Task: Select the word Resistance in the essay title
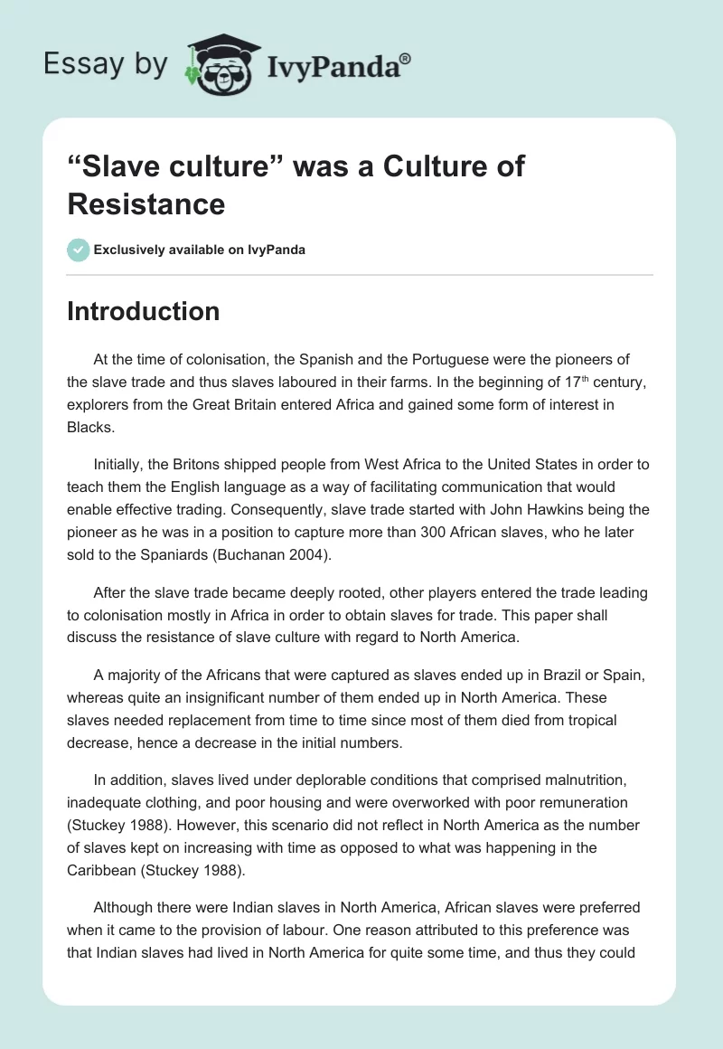click(x=146, y=203)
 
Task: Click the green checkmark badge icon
click(x=79, y=250)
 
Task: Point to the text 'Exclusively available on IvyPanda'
click(x=199, y=250)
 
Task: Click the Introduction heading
click(x=144, y=311)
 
